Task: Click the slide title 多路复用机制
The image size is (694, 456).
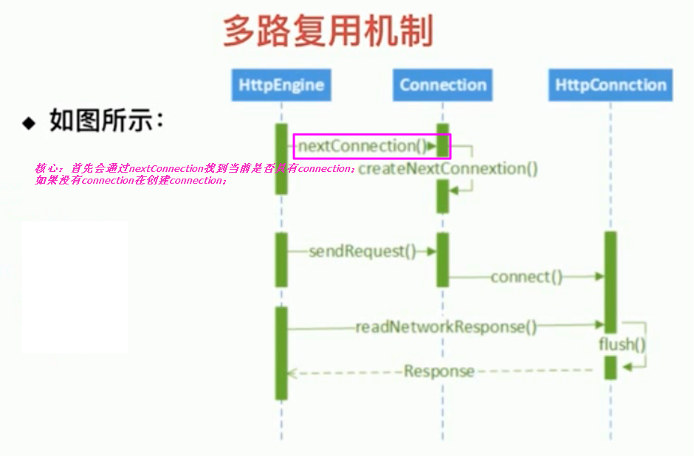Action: point(327,32)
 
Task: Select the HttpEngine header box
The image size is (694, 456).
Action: point(281,85)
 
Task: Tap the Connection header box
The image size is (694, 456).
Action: point(443,85)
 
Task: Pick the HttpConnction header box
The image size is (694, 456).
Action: point(611,85)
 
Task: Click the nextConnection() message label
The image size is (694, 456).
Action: point(357,146)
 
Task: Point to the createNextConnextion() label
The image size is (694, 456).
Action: point(448,169)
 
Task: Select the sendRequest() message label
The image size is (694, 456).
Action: point(357,251)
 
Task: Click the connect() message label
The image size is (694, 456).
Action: point(526,277)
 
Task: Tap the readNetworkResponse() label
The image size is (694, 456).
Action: point(446,326)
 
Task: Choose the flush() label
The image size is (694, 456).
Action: point(622,345)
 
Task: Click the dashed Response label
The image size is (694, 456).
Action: point(439,371)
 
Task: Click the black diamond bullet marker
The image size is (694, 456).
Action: point(29,122)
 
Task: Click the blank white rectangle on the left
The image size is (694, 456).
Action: point(75,287)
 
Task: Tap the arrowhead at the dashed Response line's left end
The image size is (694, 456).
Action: point(291,373)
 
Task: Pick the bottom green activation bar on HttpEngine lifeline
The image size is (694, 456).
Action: point(281,353)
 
